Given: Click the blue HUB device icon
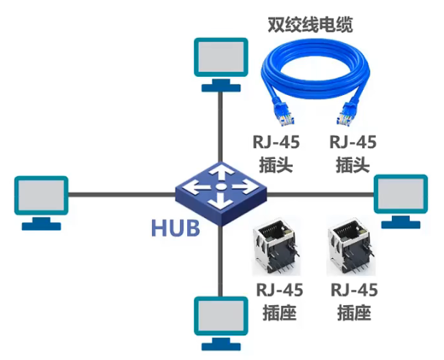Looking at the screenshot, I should tap(220, 189).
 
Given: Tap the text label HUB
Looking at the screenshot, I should tap(176, 228).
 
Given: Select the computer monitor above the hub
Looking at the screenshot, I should tap(220, 60).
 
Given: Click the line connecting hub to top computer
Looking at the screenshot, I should tap(220, 124).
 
